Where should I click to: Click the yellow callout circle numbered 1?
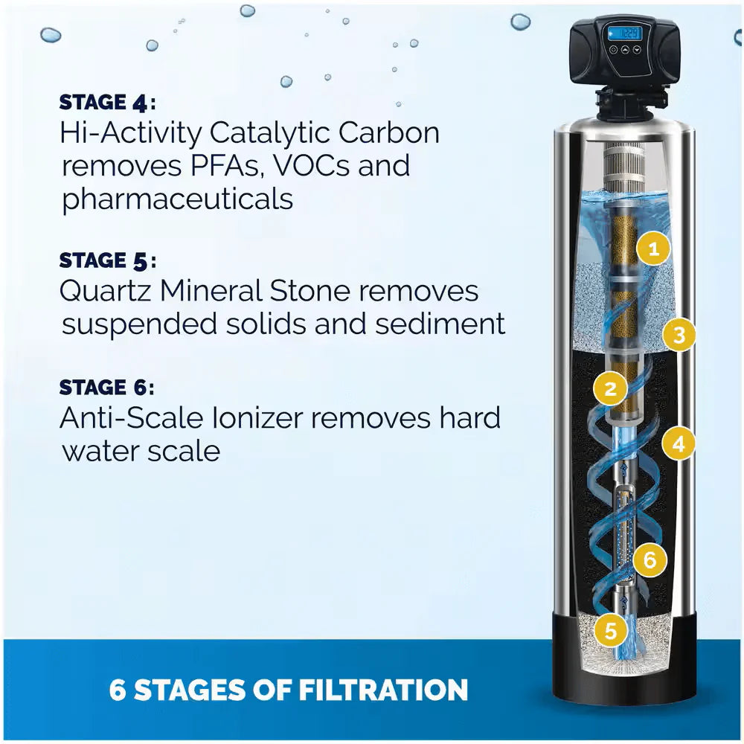coord(653,249)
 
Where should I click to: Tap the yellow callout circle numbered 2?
coord(611,388)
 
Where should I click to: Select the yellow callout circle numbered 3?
coord(678,336)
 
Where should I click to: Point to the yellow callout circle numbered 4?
coord(678,444)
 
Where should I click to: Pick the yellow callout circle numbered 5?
coord(611,631)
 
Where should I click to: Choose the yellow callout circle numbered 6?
coord(650,559)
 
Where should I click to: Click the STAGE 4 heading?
coord(107,101)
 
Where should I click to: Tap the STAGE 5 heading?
coord(107,260)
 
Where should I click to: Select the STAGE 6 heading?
coord(107,388)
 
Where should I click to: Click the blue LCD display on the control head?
coord(623,33)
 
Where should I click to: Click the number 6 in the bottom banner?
coord(118,689)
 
